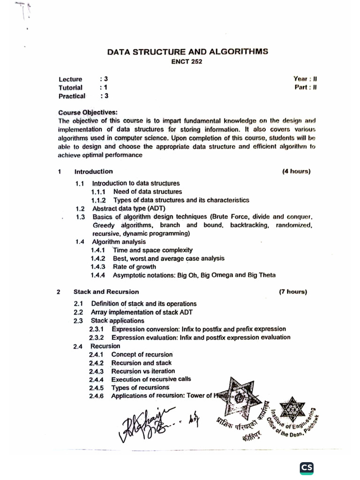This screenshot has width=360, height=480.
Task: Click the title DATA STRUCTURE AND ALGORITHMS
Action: click(187, 52)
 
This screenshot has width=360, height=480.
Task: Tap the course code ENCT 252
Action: click(187, 62)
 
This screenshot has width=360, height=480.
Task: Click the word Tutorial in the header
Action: click(70, 88)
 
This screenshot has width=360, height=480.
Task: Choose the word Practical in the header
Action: click(72, 97)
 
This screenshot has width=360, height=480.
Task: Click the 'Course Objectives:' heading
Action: click(88, 112)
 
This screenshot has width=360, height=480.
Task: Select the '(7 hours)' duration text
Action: click(293, 292)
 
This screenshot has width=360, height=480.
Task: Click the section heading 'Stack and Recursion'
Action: click(106, 292)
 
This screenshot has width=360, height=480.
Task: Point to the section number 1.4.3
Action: click(98, 267)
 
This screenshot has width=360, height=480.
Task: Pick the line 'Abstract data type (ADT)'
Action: click(129, 208)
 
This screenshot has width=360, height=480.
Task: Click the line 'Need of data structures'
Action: click(148, 192)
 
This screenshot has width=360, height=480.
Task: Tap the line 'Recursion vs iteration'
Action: click(143, 371)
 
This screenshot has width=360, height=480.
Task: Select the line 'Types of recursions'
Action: click(140, 388)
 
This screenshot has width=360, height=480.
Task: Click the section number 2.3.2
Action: click(97, 337)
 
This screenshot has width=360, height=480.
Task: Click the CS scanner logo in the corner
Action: click(307, 467)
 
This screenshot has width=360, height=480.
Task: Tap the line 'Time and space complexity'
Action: click(152, 250)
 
